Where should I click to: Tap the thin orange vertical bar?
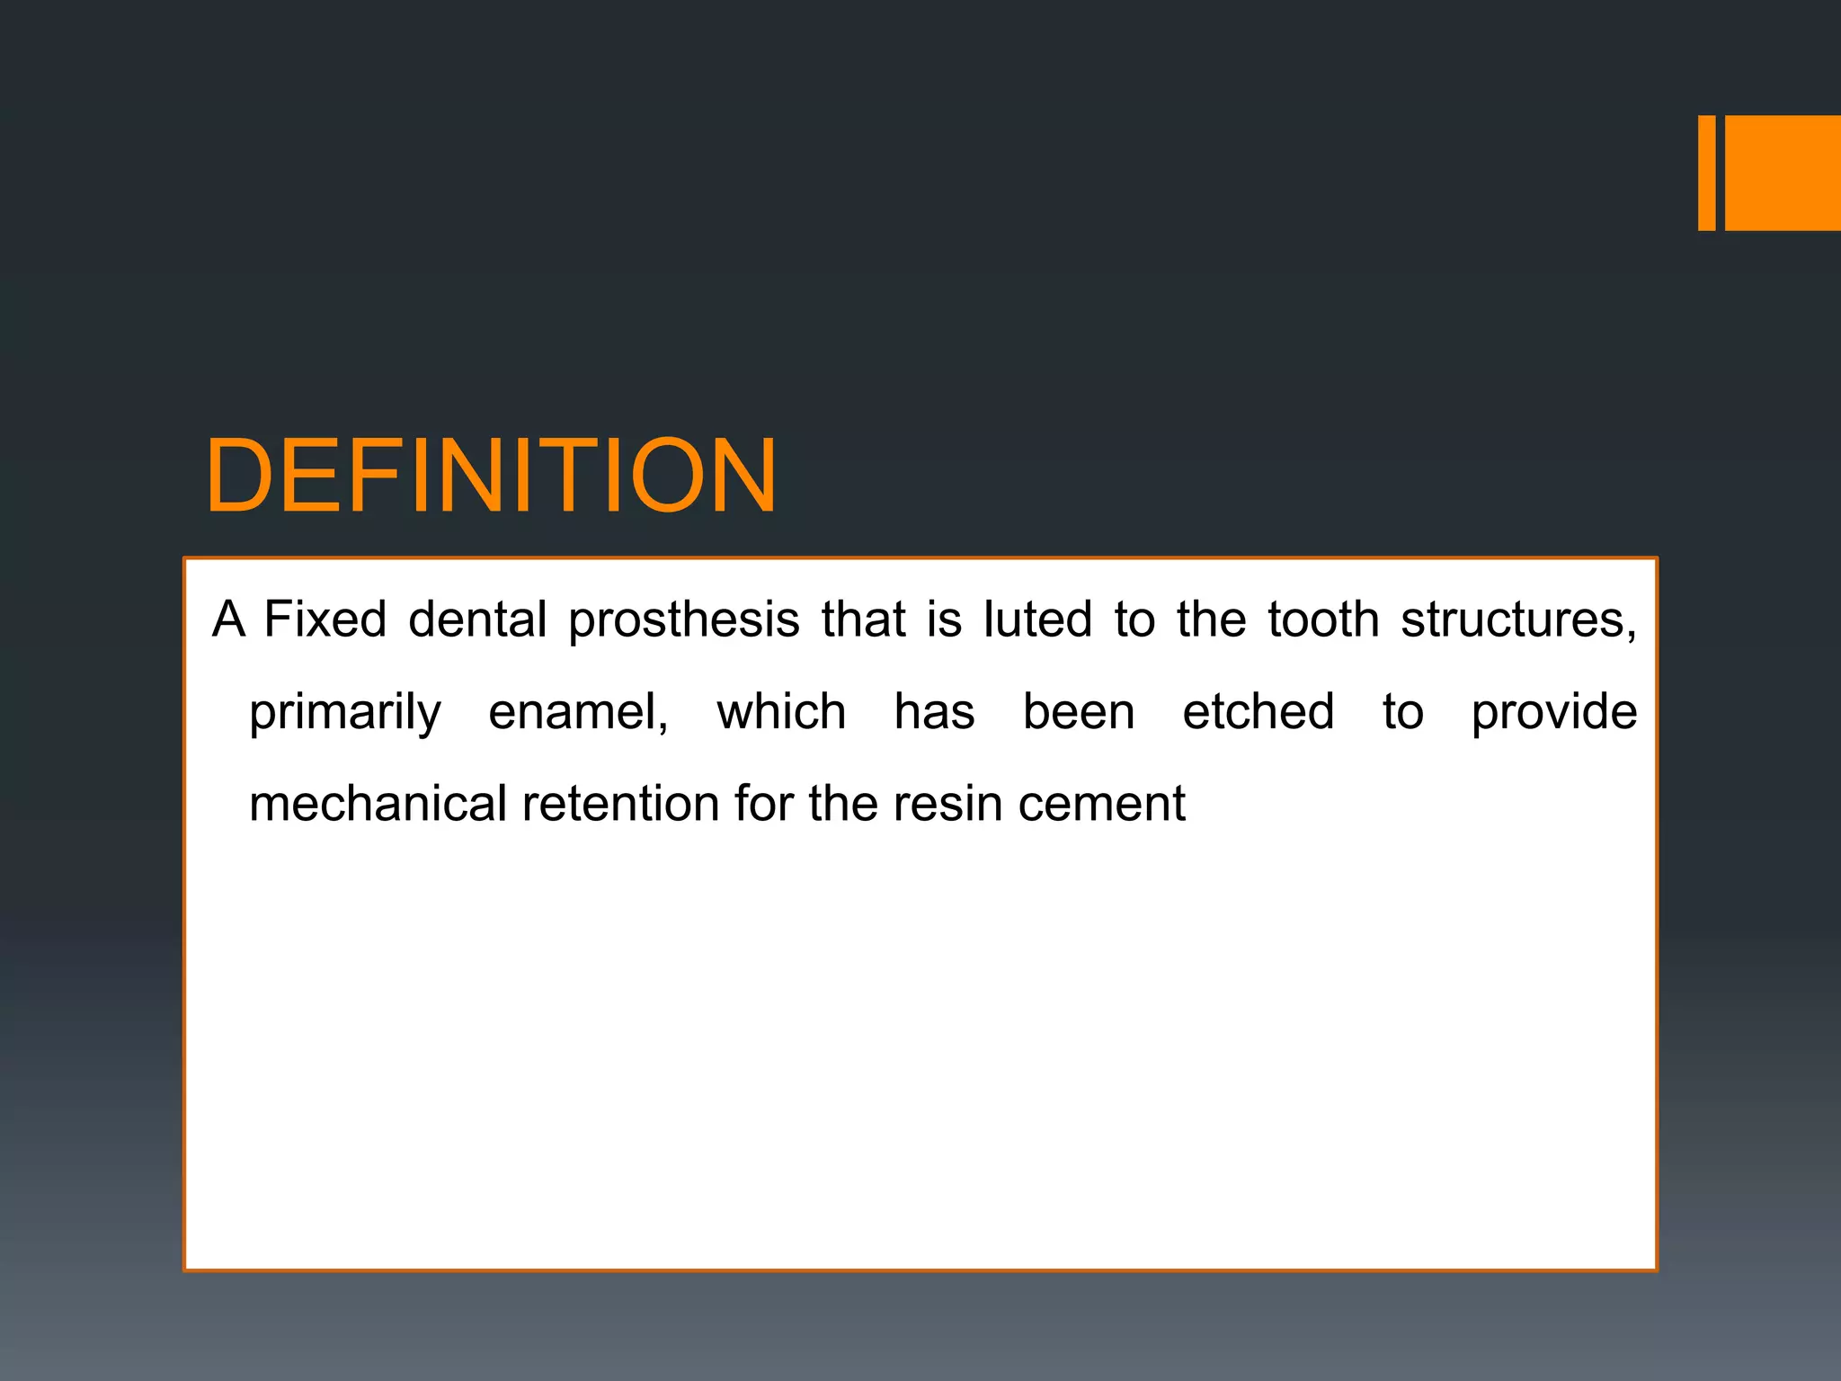pos(1706,173)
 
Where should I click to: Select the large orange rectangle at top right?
pos(1783,173)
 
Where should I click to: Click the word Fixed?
pos(325,619)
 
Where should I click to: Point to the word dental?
pos(477,619)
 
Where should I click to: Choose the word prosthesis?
pos(684,621)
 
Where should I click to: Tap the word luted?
pos(1037,619)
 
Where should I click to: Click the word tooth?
pos(1323,619)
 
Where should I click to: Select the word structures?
pos(1517,621)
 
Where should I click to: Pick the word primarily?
pos(345,713)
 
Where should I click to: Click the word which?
pos(781,712)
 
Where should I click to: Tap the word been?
pos(1079,712)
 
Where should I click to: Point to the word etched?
pos(1258,712)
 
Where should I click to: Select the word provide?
pos(1554,713)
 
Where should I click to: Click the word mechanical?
pos(378,804)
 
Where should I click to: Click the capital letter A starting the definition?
pos(228,619)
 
